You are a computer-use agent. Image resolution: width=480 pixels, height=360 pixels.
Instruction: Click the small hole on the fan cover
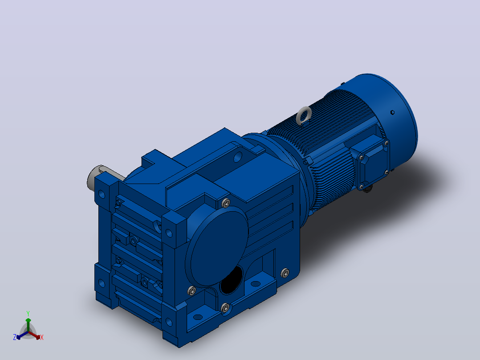[392, 112]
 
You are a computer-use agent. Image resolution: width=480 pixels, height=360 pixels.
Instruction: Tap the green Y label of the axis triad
[28, 314]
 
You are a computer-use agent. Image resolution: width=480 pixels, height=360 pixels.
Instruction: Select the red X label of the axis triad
[42, 337]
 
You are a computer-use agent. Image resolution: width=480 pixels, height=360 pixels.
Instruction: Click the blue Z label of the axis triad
[15, 337]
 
